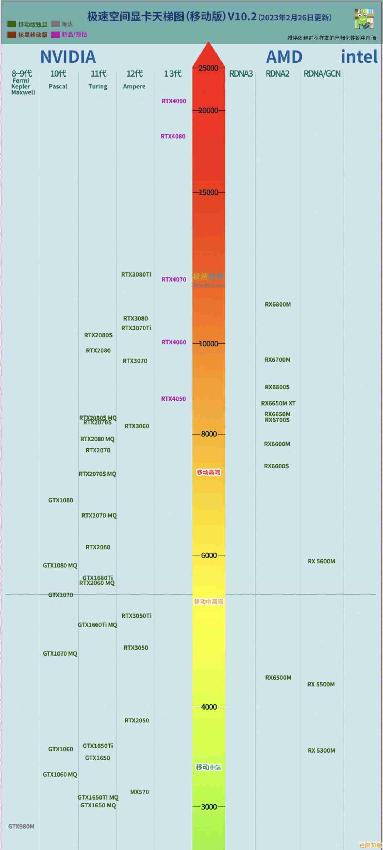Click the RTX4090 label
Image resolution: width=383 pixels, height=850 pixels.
click(174, 101)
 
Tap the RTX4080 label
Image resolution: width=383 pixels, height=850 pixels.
click(173, 136)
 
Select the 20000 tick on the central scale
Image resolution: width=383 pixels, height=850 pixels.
click(209, 110)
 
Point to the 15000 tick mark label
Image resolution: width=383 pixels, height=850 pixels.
click(209, 192)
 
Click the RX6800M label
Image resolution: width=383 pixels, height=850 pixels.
click(278, 304)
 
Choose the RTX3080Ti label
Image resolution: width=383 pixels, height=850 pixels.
click(136, 274)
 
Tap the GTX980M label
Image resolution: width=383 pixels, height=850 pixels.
click(21, 826)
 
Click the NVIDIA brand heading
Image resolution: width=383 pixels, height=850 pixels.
click(68, 57)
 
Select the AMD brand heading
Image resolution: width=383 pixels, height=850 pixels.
click(284, 57)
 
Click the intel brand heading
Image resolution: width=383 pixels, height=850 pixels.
click(359, 57)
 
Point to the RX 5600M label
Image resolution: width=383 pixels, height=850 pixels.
click(321, 561)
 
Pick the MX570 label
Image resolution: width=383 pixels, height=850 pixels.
click(139, 792)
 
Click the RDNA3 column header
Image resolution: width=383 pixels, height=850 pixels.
click(241, 74)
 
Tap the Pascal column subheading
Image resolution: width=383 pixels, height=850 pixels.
click(58, 86)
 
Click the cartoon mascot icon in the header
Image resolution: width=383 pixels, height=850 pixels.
click(364, 19)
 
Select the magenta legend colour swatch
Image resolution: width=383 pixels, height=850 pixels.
click(56, 35)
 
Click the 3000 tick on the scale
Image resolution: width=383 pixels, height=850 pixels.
click(209, 807)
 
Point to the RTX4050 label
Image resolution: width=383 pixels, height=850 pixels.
click(173, 399)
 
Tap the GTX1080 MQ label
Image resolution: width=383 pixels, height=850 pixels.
click(60, 565)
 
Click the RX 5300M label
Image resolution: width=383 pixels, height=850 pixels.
click(321, 750)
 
